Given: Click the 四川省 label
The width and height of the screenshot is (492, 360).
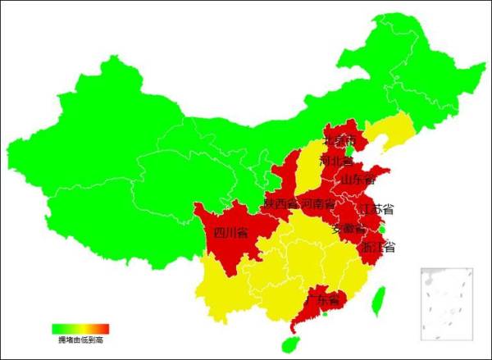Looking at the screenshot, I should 230,233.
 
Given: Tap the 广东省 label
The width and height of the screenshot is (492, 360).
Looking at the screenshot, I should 321,301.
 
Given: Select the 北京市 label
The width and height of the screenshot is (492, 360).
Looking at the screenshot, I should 341,141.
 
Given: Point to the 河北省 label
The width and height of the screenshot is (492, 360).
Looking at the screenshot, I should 335,161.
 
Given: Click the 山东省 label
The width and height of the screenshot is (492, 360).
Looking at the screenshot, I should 358,179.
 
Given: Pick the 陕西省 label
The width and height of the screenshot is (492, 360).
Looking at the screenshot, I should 280,203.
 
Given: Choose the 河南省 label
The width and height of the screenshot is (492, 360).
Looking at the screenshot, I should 317,203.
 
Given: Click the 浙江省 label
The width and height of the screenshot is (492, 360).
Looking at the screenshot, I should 378,246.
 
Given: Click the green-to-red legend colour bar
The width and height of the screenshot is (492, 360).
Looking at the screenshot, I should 80,329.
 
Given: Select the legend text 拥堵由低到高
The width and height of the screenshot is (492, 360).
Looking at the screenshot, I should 80,339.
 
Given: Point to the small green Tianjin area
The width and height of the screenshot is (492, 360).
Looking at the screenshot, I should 351,150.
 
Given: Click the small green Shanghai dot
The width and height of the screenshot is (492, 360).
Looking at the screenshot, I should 382,232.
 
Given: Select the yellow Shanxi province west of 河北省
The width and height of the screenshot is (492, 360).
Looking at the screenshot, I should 310,164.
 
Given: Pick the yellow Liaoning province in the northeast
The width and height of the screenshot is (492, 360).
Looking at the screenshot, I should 385,131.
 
